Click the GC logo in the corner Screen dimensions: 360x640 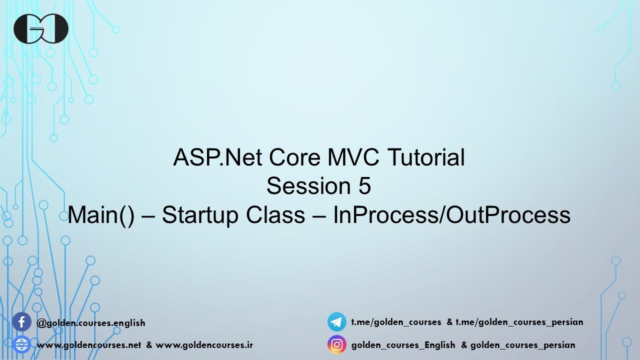[41, 28]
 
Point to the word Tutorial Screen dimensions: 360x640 [426, 157]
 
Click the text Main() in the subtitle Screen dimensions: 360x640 [101, 215]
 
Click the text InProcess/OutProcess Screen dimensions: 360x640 [451, 215]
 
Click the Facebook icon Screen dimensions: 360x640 [21, 322]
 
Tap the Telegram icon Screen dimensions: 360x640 [337, 322]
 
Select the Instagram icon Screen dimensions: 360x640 [337, 344]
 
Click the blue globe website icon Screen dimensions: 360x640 [21, 344]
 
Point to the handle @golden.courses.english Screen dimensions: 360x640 [91, 323]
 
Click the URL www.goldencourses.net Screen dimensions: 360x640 [89, 345]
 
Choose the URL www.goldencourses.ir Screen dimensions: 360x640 [204, 345]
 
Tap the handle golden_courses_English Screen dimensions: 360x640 [403, 345]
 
